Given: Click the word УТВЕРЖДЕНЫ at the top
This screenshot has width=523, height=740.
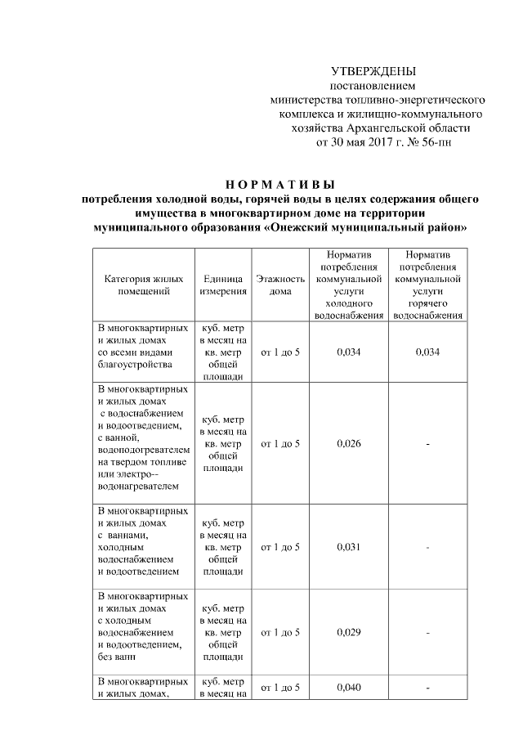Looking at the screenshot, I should click(x=373, y=72).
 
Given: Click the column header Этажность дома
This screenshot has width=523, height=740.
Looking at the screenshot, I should click(x=280, y=285).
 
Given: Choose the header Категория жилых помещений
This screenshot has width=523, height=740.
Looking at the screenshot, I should click(x=142, y=285).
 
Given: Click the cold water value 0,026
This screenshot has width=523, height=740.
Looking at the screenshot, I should click(x=348, y=443).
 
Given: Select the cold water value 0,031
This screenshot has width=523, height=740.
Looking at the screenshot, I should click(x=348, y=547).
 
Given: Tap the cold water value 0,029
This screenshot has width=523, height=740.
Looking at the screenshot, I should click(x=348, y=633).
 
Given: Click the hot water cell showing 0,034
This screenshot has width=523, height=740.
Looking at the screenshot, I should click(x=427, y=352).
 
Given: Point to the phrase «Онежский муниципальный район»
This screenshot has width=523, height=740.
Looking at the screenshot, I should click(x=366, y=225).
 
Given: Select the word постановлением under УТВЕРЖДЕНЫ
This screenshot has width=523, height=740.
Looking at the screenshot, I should click(x=373, y=86).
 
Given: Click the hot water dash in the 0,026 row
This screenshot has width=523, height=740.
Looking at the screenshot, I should click(x=427, y=443).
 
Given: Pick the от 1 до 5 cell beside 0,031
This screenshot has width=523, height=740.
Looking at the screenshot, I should click(x=280, y=547).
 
